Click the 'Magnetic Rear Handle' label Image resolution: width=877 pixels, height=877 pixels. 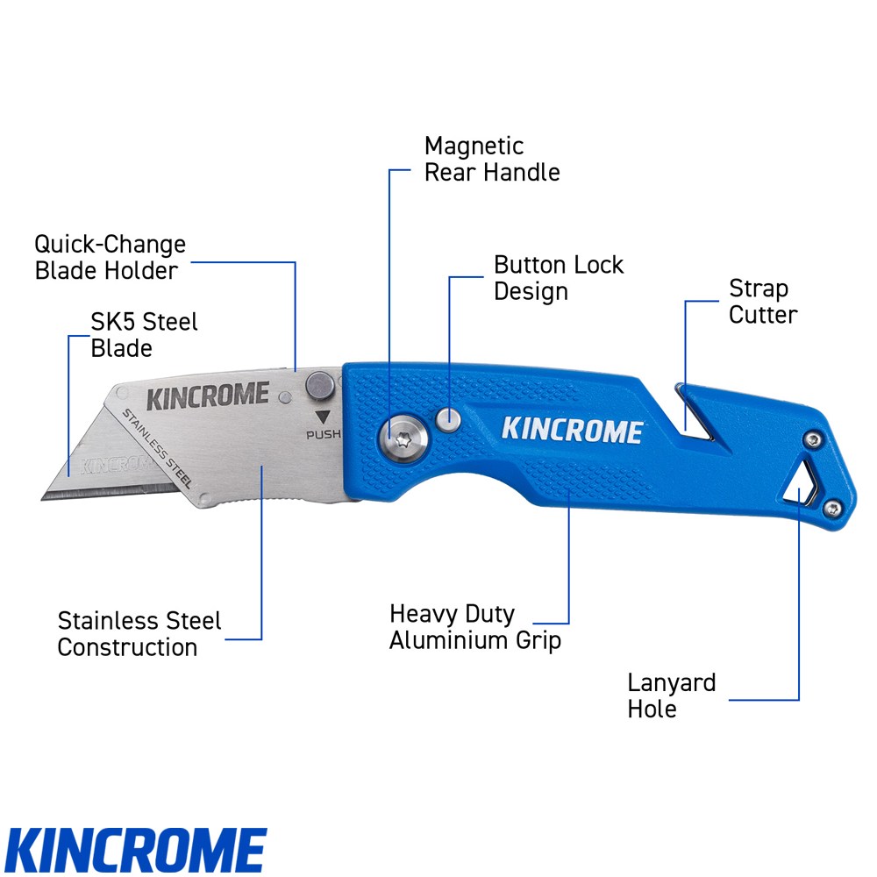point(491,159)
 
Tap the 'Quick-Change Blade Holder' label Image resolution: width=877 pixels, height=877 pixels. point(111,257)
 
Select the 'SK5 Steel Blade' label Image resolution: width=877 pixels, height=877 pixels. point(145,335)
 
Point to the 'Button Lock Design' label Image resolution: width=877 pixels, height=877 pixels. point(559,278)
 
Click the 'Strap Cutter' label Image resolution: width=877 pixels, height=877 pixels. point(763,302)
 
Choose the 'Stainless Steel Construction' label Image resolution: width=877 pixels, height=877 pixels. point(139,634)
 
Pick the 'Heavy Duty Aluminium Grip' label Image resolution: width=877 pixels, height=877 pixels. point(474,627)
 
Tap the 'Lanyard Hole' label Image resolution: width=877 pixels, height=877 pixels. point(672,695)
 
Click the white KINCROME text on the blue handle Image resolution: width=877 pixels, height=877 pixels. point(572,431)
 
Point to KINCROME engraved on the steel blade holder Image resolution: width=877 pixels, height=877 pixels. point(207,396)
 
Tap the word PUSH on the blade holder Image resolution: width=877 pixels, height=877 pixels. point(322,434)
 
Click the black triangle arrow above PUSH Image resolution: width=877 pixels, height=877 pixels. point(322,417)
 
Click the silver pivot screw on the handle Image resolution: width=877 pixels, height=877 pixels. point(403,436)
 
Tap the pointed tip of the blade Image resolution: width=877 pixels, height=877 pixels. point(44,497)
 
